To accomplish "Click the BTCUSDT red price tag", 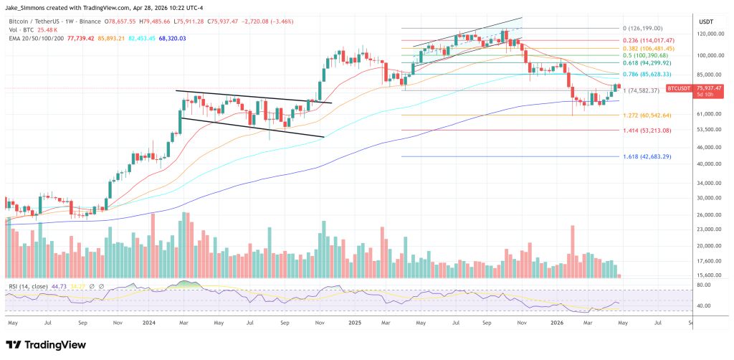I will [679, 87].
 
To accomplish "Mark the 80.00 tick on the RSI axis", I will [704, 285].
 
